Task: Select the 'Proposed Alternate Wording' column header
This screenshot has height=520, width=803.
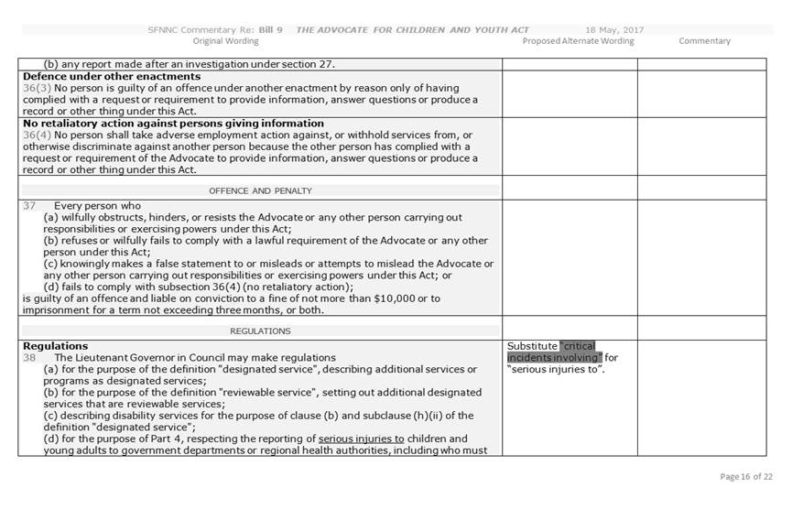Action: (578, 41)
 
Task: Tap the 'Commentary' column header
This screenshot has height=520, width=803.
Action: (704, 41)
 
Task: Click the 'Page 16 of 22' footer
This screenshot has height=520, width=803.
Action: (746, 477)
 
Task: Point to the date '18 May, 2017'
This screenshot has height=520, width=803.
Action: (613, 30)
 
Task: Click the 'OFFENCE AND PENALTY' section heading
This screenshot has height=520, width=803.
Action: (261, 190)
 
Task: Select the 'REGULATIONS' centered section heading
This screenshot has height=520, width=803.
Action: (261, 330)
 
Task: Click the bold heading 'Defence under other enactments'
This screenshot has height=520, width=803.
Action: (112, 77)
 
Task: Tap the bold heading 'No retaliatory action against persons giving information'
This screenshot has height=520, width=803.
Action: (173, 124)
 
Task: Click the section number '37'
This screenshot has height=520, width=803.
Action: (30, 206)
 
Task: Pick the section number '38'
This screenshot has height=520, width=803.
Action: (30, 357)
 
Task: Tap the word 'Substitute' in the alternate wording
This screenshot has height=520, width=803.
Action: (532, 346)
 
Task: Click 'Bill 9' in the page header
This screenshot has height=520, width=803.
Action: (269, 30)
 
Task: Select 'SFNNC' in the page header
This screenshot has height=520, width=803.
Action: (166, 30)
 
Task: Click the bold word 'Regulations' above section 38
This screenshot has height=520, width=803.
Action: (56, 346)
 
